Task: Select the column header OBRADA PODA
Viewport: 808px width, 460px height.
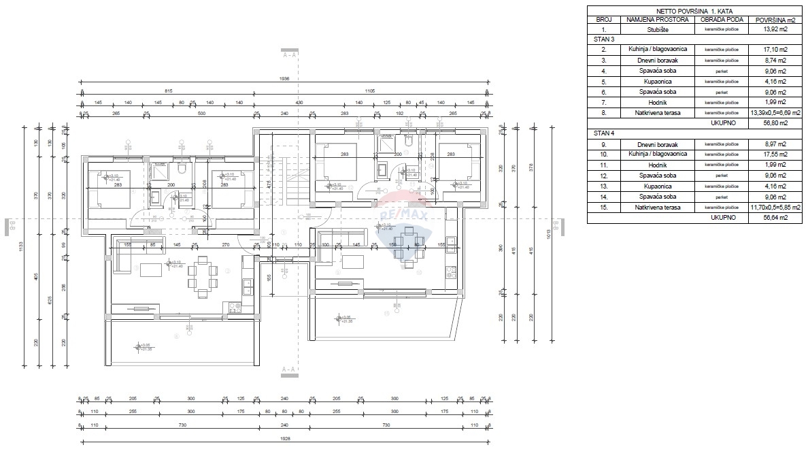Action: (721, 20)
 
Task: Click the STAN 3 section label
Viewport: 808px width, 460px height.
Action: (605, 39)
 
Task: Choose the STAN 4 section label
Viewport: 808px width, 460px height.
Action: (605, 133)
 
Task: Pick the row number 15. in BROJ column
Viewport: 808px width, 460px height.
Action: (603, 207)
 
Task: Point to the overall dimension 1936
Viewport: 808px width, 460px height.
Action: (284, 79)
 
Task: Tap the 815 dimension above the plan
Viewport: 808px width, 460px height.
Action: (168, 91)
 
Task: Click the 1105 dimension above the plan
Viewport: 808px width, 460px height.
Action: (371, 91)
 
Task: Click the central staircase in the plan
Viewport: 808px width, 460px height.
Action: (285, 184)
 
